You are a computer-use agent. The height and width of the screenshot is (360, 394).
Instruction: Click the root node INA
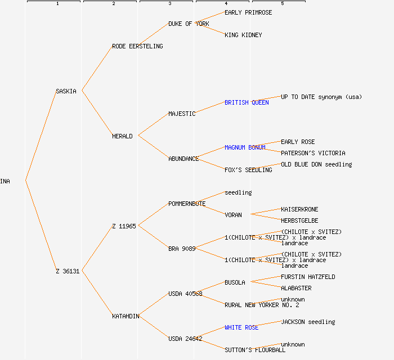pos(5,181)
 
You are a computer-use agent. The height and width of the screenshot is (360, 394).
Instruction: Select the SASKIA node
pos(66,91)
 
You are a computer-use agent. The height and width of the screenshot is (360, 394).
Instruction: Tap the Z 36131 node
pos(68,271)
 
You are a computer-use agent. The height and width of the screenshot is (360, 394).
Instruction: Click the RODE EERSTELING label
pos(137,46)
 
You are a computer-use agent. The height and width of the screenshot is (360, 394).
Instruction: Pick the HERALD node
pos(122,136)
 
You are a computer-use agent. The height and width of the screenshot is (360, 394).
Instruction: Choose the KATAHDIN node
pos(126,316)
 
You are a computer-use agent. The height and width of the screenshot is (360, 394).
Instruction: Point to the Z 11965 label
pos(124,226)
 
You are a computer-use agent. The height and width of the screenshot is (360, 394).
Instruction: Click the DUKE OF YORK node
pos(189,24)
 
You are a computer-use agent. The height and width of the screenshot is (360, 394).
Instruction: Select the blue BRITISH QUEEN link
pos(247,102)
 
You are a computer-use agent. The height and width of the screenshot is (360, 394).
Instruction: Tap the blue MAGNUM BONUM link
pos(245,147)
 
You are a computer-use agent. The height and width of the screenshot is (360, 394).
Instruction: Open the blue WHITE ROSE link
pos(241,327)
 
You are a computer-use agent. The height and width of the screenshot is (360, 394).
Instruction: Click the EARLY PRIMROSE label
pos(248,12)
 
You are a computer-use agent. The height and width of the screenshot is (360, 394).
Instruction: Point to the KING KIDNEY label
pos(243,35)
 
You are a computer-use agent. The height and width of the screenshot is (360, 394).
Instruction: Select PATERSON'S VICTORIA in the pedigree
pos(313,153)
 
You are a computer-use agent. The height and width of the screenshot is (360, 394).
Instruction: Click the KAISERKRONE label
pos(299,209)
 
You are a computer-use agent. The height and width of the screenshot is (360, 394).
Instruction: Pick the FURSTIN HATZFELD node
pos(308,277)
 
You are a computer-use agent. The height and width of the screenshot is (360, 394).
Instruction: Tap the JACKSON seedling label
pos(308,322)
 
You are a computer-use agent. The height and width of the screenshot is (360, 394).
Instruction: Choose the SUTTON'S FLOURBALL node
pos(255,350)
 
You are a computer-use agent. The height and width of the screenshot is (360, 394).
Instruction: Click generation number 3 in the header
pos(169,4)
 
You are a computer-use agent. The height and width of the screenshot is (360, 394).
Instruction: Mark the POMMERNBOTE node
pos(187,204)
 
